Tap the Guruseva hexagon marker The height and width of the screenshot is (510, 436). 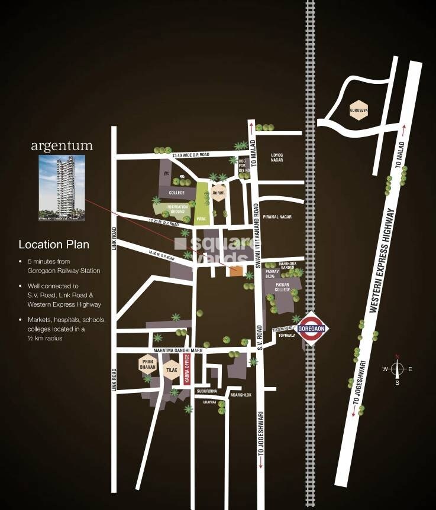pyautogui.click(x=359, y=109)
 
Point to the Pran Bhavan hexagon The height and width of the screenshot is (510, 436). pyautogui.click(x=147, y=363)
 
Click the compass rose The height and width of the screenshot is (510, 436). pyautogui.click(x=398, y=369)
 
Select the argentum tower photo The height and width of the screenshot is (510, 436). pyautogui.click(x=61, y=187)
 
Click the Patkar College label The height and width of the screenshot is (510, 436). pyautogui.click(x=282, y=287)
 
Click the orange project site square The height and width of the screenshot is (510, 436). pyautogui.click(x=235, y=271)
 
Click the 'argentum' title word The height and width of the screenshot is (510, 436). pyautogui.click(x=63, y=145)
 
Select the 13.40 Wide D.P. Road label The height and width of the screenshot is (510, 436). pyautogui.click(x=190, y=155)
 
